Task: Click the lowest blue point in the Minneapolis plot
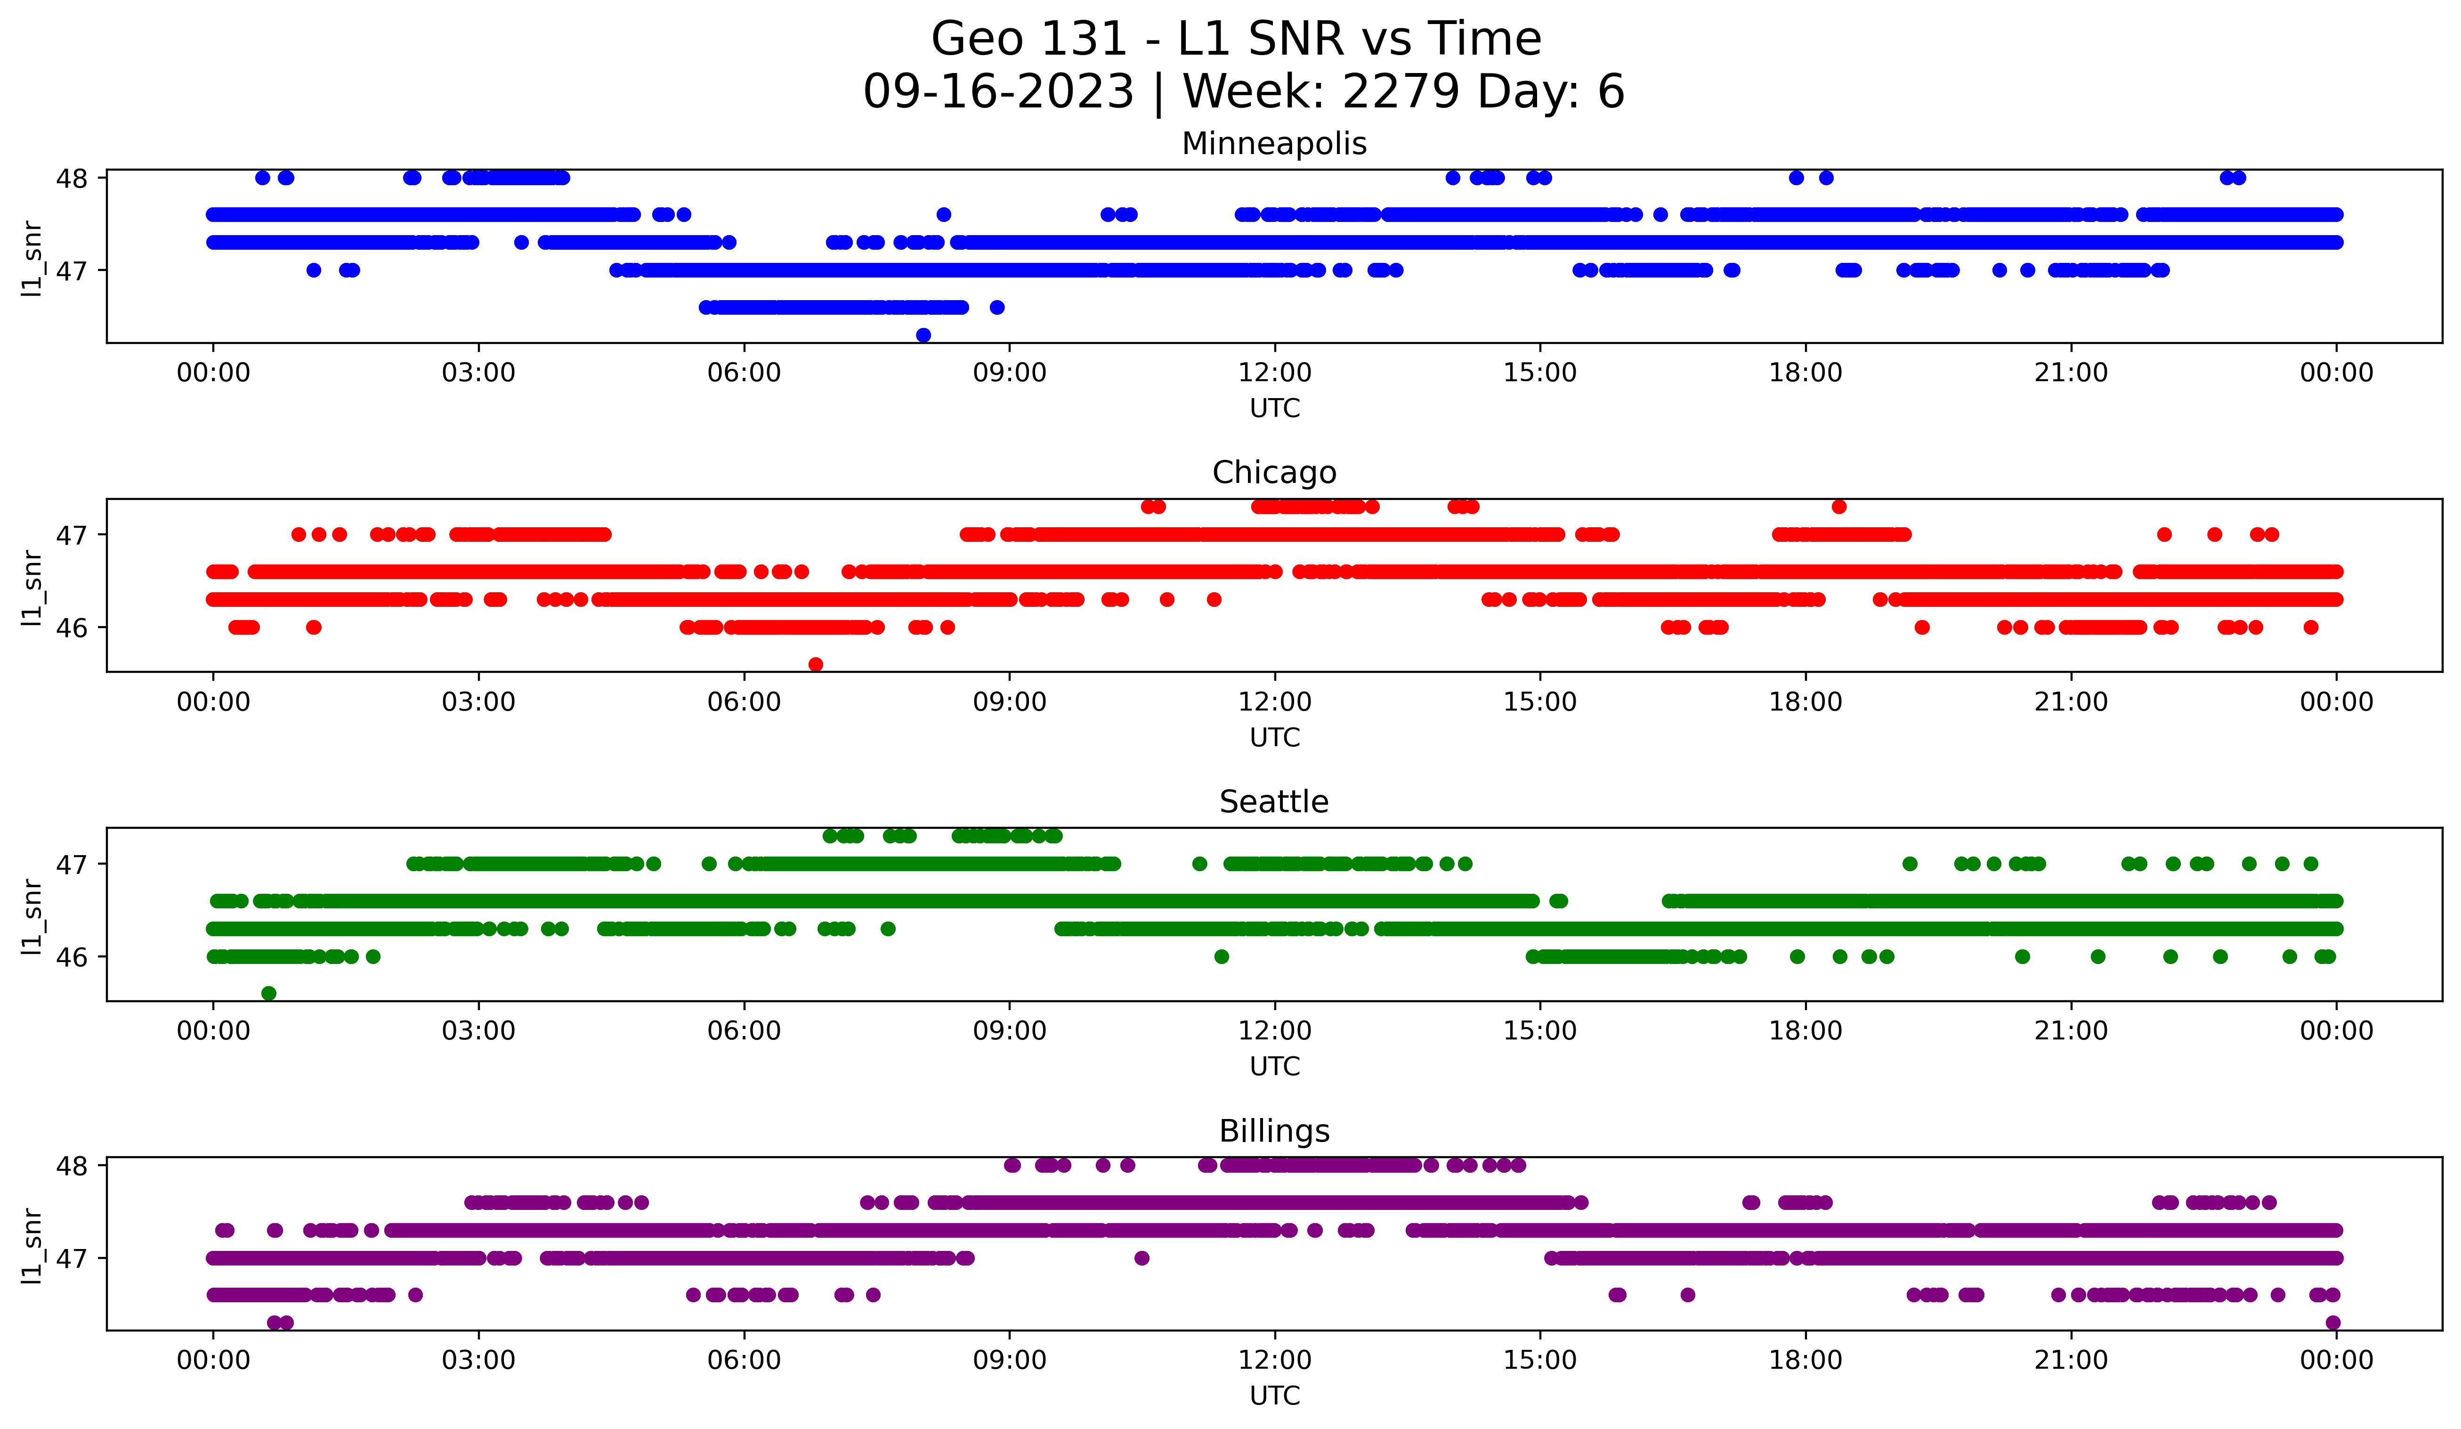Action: coord(923,335)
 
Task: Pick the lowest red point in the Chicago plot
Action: coord(816,664)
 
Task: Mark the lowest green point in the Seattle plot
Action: coord(268,993)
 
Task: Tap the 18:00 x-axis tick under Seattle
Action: coord(1805,1030)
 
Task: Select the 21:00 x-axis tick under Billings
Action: coord(2070,1360)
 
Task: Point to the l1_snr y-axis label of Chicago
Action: coord(32,586)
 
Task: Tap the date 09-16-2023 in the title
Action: coord(998,92)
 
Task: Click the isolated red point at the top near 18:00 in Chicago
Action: coord(1839,506)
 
